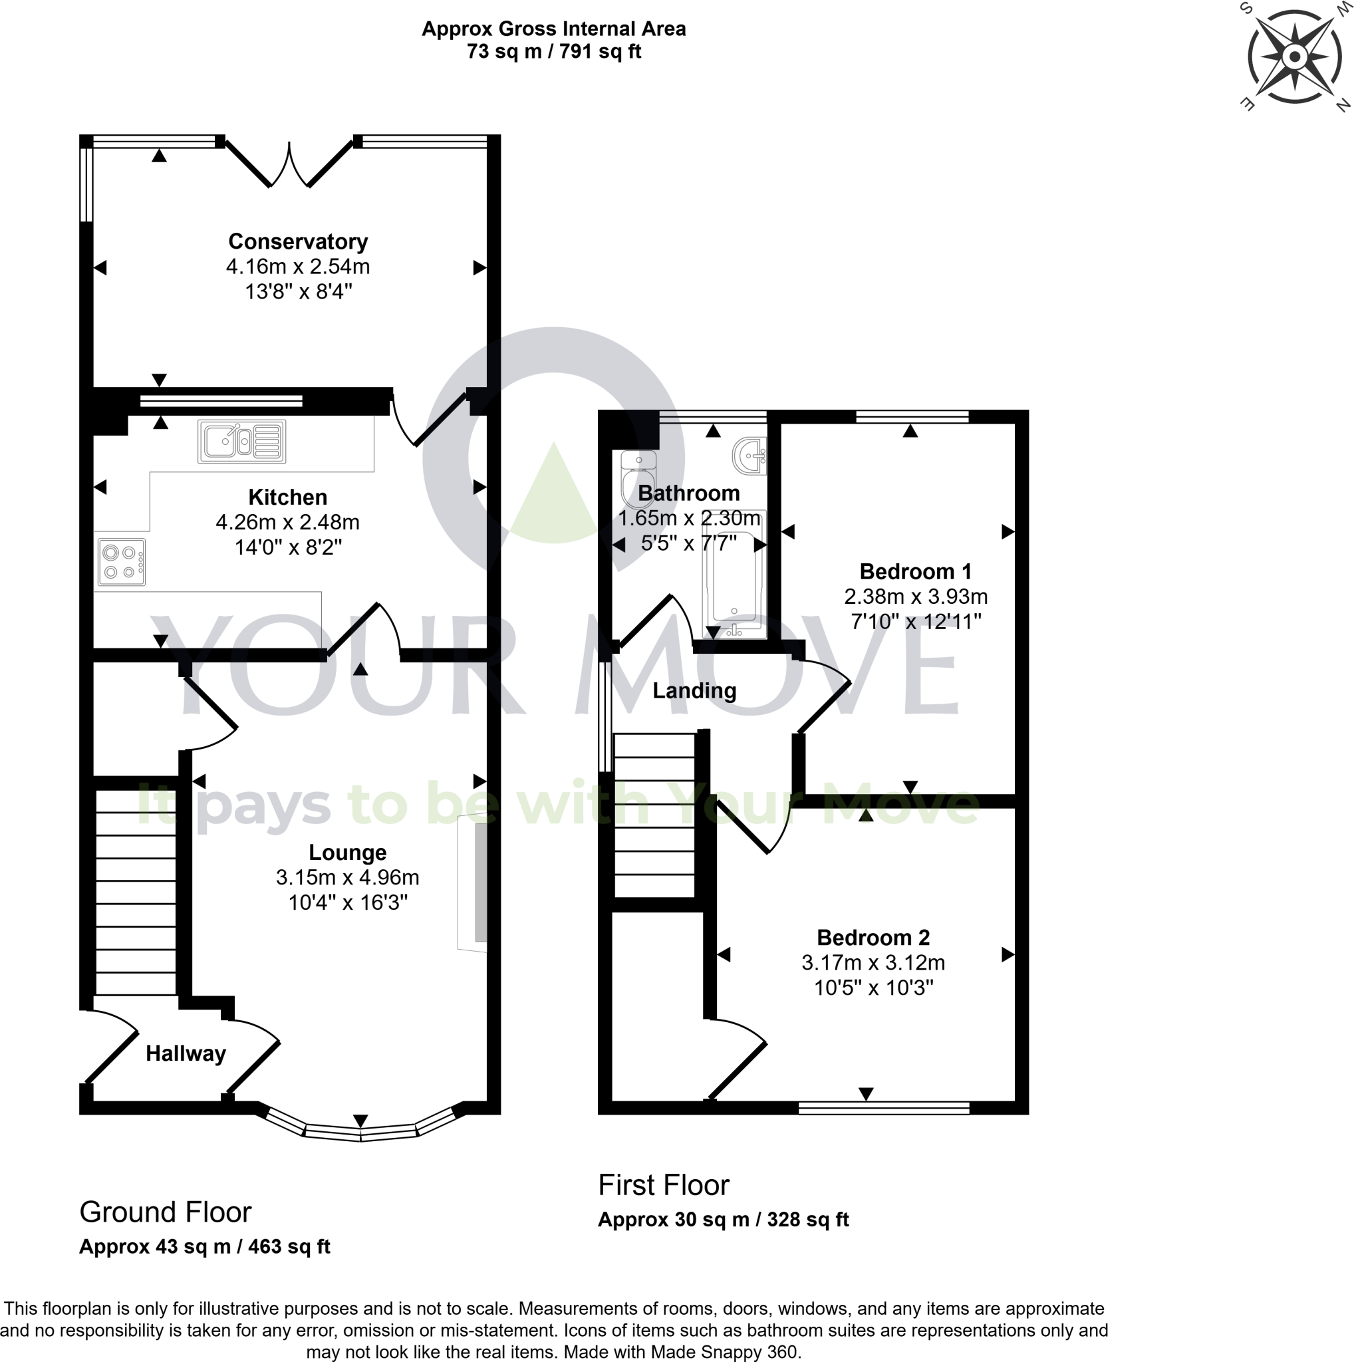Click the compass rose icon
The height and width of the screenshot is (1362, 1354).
pyautogui.click(x=1294, y=57)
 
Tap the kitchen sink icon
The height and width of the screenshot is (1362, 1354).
pyautogui.click(x=242, y=442)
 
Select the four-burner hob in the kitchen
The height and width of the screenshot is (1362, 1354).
pyautogui.click(x=122, y=562)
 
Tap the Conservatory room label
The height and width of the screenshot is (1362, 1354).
pyautogui.click(x=297, y=242)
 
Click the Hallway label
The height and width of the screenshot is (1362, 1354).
pyautogui.click(x=186, y=1053)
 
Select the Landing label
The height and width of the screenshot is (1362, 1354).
pyautogui.click(x=694, y=691)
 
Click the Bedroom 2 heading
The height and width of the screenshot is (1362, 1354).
pyautogui.click(x=873, y=938)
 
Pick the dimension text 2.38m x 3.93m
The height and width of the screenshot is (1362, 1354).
pyautogui.click(x=915, y=597)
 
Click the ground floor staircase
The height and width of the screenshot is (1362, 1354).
pyautogui.click(x=135, y=892)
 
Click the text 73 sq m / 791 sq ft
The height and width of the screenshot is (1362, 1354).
pyautogui.click(x=553, y=51)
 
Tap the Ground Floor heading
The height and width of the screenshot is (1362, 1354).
pyautogui.click(x=165, y=1212)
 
